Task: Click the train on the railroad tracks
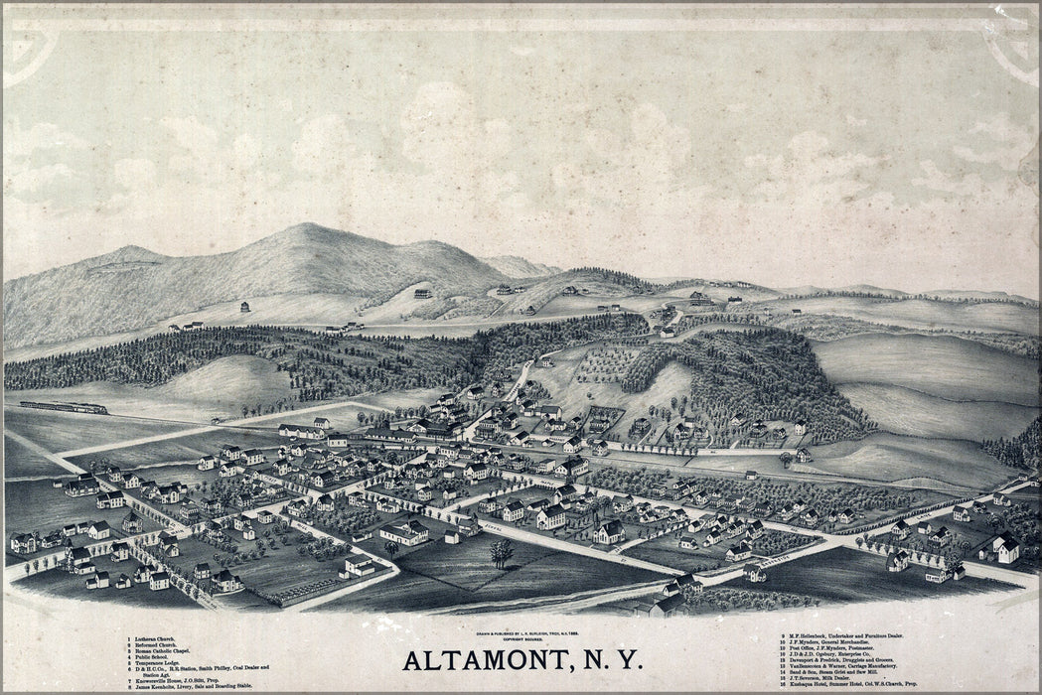pos(64,407)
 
